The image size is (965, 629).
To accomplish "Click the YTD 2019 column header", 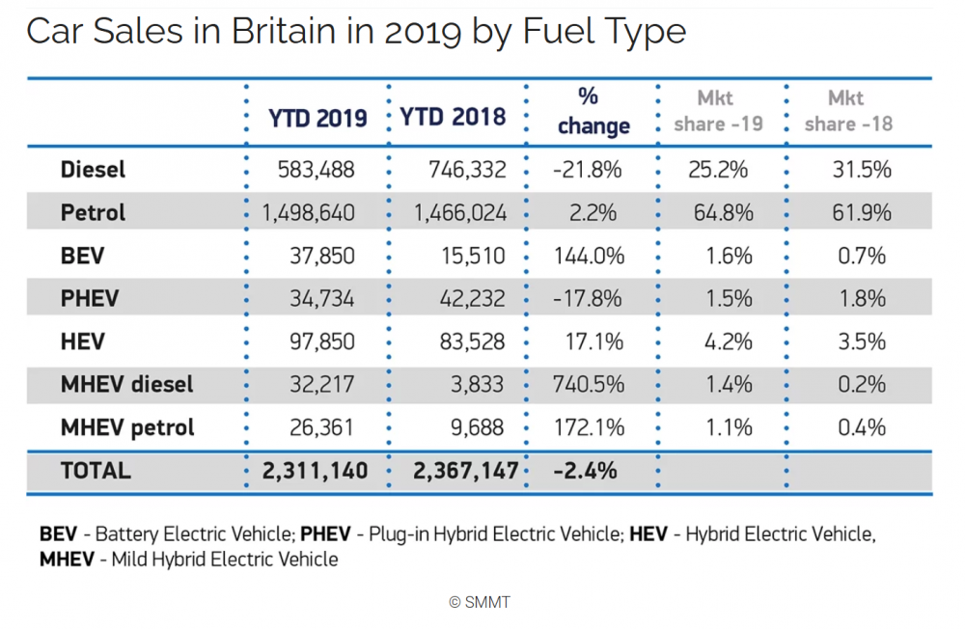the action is click(317, 118).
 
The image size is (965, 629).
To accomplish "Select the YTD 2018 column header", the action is click(453, 117).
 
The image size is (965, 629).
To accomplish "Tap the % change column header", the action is click(593, 111).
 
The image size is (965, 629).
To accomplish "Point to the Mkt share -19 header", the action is click(718, 111).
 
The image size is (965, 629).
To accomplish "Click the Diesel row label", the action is click(93, 169).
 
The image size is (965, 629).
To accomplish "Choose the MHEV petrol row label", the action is click(127, 427).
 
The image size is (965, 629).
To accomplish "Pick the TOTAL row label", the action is click(96, 471).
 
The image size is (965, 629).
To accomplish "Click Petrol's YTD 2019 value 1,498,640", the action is click(309, 213).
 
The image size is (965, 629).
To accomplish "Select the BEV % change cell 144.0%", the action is click(589, 256).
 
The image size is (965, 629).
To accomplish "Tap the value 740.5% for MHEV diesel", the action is click(589, 385).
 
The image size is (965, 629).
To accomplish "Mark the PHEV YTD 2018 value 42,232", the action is click(472, 299).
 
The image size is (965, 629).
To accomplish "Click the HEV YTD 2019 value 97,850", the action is click(322, 342).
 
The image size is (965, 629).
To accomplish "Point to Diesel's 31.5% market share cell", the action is click(862, 169).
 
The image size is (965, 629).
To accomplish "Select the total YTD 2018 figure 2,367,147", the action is click(466, 472).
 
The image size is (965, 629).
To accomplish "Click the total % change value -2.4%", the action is click(586, 471).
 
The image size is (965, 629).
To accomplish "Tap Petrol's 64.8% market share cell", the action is click(723, 213).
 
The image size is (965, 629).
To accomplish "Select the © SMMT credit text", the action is click(480, 603).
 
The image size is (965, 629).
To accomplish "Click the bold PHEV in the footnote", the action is click(325, 533).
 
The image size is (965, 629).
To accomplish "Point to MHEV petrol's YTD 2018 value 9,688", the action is click(477, 427).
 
